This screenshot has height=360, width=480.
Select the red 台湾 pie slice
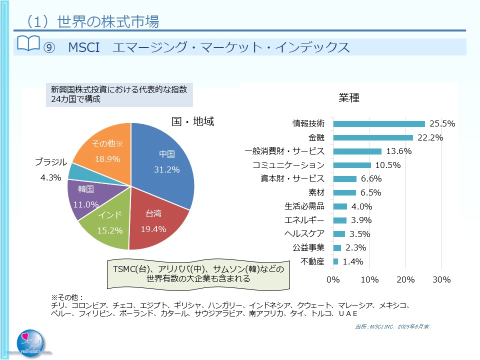pos(155,222)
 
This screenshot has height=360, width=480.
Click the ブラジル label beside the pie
pos(50,161)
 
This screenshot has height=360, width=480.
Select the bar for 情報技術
pos(378,124)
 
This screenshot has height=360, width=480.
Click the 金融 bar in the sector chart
pos(372,137)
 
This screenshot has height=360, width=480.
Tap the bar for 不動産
pos(335,261)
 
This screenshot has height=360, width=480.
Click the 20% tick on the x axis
pos(405,279)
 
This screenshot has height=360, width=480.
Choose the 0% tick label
pos(333,279)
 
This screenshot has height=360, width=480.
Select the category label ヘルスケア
pos(304,233)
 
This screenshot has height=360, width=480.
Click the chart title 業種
pos(349,98)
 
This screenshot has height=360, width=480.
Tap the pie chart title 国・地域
pos(192,121)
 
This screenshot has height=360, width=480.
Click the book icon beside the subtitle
pos(28,43)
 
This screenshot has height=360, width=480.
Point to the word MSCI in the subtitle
pos(83,47)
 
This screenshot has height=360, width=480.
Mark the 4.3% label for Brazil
pos(50,177)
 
